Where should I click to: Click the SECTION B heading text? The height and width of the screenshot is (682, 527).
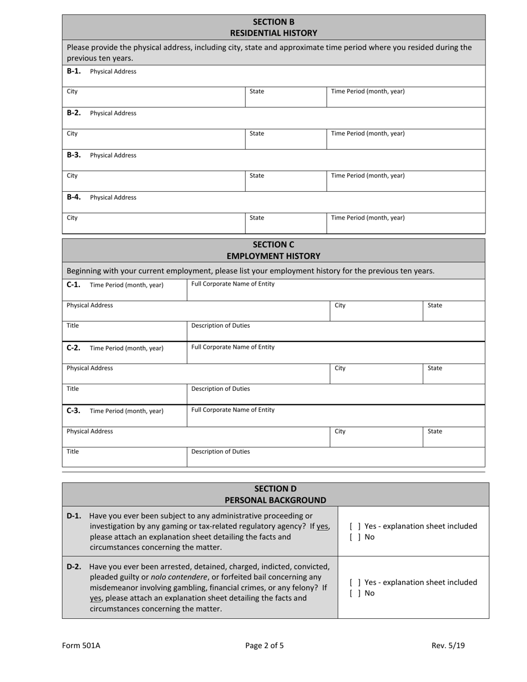click(x=273, y=22)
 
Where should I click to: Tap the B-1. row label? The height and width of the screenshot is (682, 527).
click(x=74, y=71)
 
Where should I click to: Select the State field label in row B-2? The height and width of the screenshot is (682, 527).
click(x=257, y=134)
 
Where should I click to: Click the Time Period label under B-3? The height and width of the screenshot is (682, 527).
click(x=367, y=176)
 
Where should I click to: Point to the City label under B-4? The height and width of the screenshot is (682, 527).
click(x=72, y=218)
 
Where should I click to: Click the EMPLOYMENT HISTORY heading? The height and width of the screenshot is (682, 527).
click(x=273, y=256)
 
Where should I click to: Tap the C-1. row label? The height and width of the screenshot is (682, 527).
click(x=73, y=284)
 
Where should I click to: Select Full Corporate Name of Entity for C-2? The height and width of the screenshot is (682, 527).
click(x=232, y=347)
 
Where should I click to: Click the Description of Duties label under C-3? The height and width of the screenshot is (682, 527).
click(x=220, y=451)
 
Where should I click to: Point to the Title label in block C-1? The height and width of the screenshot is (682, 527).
click(x=73, y=325)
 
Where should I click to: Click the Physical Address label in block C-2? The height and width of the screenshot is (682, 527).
click(x=89, y=368)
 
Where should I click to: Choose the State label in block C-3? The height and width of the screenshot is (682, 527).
click(x=435, y=431)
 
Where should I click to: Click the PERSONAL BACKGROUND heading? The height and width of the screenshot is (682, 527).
click(x=275, y=500)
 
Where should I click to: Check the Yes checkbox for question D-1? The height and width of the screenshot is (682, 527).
click(x=355, y=526)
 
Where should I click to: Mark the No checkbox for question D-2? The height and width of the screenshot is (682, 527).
click(x=355, y=593)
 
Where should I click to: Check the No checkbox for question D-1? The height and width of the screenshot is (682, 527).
click(x=355, y=537)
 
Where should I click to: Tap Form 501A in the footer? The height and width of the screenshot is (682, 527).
click(x=81, y=645)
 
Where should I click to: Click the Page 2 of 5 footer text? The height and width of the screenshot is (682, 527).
click(x=265, y=645)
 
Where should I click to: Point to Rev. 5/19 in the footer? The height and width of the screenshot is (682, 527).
click(x=448, y=645)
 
